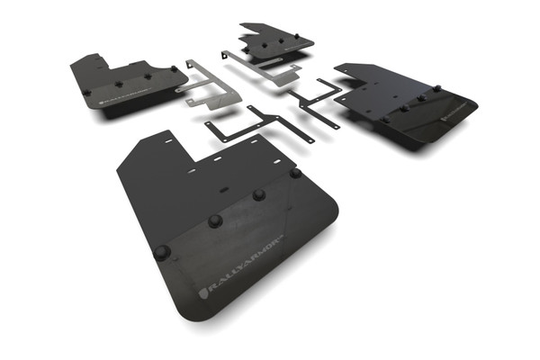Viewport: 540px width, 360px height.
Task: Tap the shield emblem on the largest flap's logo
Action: [x=202, y=293]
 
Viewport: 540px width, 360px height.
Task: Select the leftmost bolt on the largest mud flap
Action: [x=161, y=252]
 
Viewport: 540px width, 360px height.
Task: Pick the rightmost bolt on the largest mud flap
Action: [x=295, y=172]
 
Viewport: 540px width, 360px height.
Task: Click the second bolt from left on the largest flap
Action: [x=215, y=220]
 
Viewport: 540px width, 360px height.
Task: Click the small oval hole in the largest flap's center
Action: [x=223, y=191]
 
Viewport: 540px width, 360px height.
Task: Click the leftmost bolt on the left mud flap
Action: [x=86, y=91]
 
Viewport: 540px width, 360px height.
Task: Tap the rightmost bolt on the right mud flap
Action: [x=437, y=89]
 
